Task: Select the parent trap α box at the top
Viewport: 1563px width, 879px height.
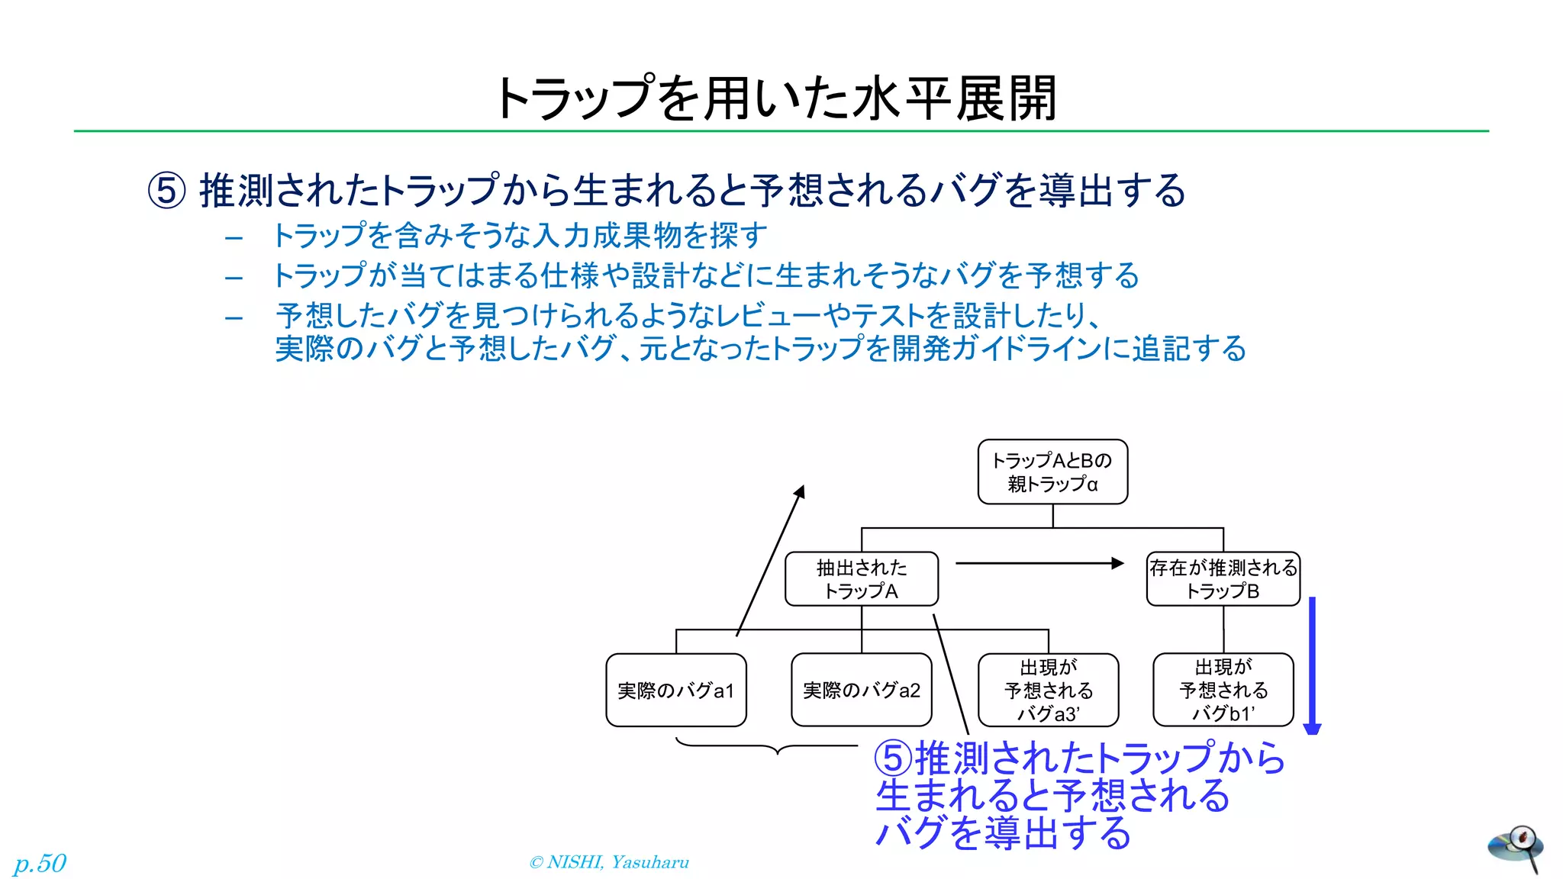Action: pyautogui.click(x=1052, y=472)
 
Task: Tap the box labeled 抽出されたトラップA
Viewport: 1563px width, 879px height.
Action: pyautogui.click(x=861, y=579)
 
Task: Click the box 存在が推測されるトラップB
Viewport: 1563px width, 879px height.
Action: pyautogui.click(x=1223, y=579)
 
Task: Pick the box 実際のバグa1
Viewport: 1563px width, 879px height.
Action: pyautogui.click(x=675, y=690)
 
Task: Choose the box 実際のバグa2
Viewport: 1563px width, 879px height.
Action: pyautogui.click(x=861, y=690)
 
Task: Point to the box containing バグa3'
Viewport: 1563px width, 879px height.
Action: pyautogui.click(x=1048, y=690)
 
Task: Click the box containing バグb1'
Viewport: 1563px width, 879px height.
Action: pyautogui.click(x=1223, y=690)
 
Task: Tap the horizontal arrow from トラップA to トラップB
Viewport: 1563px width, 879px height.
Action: pyautogui.click(x=1038, y=563)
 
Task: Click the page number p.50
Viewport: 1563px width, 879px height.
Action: pyautogui.click(x=40, y=863)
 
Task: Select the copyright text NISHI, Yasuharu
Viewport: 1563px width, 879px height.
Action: pyautogui.click(x=609, y=862)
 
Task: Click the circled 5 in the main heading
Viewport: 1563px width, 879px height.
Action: pyautogui.click(x=166, y=190)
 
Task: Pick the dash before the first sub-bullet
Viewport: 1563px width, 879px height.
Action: pyautogui.click(x=234, y=238)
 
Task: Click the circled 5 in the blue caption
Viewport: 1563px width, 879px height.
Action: pyautogui.click(x=893, y=758)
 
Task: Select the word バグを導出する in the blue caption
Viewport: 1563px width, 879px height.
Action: pyautogui.click(x=1003, y=832)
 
